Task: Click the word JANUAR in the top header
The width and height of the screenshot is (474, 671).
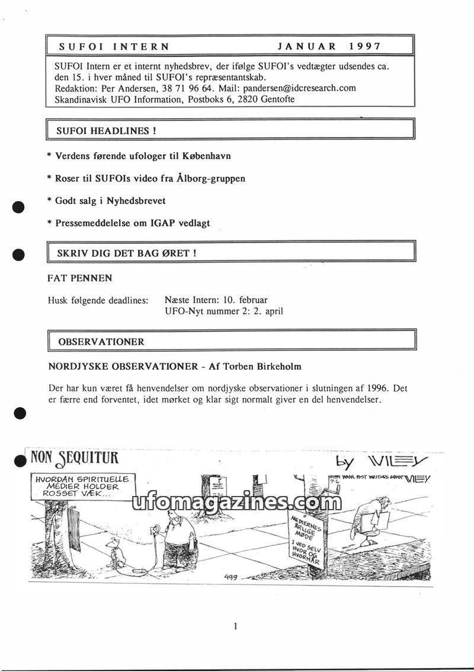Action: (307, 46)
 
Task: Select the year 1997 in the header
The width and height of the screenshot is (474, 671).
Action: (366, 46)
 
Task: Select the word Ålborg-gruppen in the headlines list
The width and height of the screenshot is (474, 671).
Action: (211, 178)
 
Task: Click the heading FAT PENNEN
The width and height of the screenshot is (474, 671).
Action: (79, 278)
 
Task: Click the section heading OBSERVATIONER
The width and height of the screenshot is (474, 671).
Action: (101, 342)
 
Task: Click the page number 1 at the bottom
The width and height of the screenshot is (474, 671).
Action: (236, 625)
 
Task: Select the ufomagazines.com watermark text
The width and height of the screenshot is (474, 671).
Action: (233, 503)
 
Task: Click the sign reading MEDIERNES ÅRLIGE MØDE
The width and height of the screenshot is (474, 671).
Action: (307, 537)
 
